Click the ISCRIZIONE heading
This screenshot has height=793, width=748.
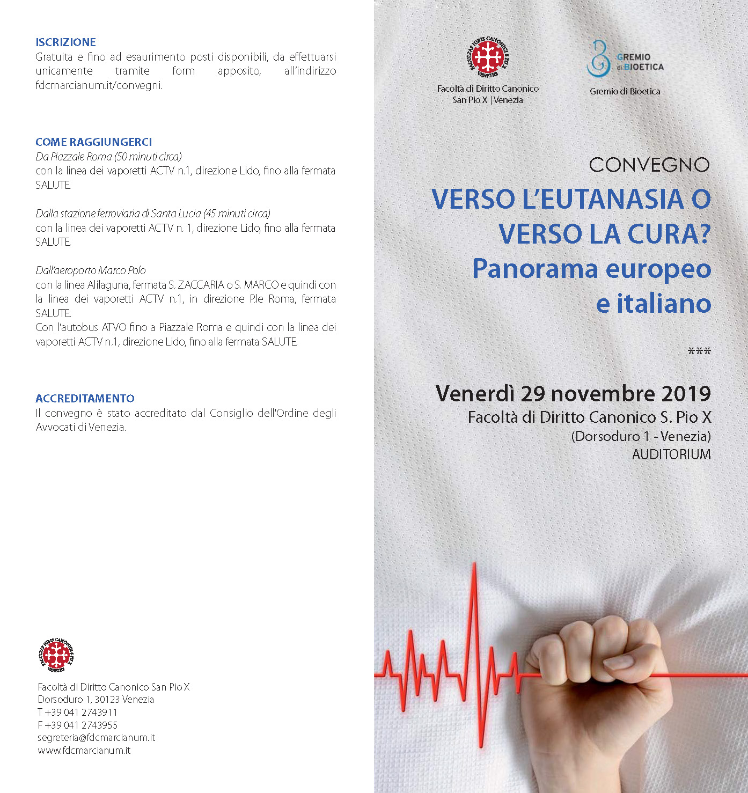click(x=65, y=42)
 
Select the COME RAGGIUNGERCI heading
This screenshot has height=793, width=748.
click(x=93, y=142)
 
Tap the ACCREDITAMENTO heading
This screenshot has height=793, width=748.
click(x=85, y=399)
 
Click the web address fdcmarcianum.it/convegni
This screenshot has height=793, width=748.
click(x=98, y=85)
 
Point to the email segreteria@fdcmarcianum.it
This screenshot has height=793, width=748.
click(x=96, y=738)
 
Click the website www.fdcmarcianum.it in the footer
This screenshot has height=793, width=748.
click(x=84, y=751)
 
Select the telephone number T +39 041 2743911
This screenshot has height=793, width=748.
click(x=77, y=713)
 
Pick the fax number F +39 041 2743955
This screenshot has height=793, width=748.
click(x=77, y=725)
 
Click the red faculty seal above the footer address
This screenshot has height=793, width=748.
click(x=57, y=655)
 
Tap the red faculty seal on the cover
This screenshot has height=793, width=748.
click(x=487, y=56)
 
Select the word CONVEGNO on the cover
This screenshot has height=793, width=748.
click(x=649, y=165)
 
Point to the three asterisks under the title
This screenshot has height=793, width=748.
click(x=699, y=352)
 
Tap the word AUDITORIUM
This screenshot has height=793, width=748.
click(x=671, y=454)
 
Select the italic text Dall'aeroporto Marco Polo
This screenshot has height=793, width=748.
click(x=91, y=270)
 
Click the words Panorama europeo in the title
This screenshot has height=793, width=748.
click(x=591, y=269)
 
